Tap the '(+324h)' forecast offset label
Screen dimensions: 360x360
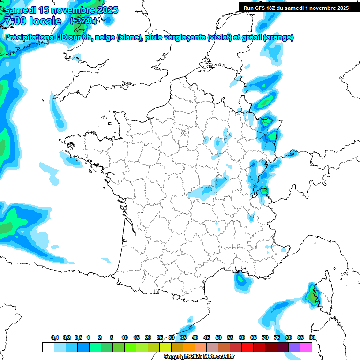pyautogui.click(x=83, y=21)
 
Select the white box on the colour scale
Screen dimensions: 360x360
pyautogui.click(x=48, y=347)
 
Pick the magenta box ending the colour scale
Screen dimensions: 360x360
pyautogui.click(x=306, y=347)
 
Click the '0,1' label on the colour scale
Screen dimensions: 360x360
pyautogui.click(x=55, y=337)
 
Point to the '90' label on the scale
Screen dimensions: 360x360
pyautogui.click(x=312, y=337)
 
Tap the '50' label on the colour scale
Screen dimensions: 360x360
pyautogui.click(x=218, y=337)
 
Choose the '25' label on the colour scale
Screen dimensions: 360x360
pyautogui.click(x=160, y=337)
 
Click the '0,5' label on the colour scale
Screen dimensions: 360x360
pyautogui.click(x=78, y=337)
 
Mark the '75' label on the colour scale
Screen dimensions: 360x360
pyautogui.click(x=277, y=337)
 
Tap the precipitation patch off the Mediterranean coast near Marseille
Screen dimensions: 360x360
pyautogui.click(x=241, y=279)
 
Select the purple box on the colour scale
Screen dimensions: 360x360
pyautogui.click(x=294, y=347)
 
